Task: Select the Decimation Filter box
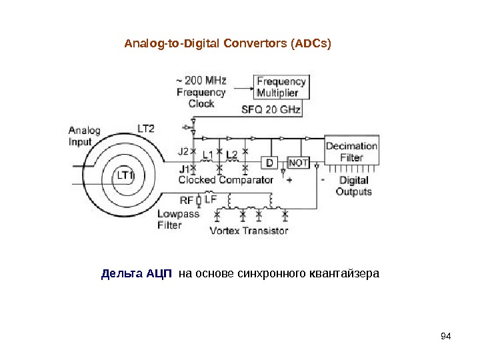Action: [351, 152]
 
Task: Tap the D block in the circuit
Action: [270, 163]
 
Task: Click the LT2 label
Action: [146, 128]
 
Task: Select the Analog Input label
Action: [85, 136]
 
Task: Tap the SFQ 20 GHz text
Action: [271, 109]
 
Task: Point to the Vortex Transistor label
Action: [249, 231]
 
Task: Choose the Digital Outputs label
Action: [353, 186]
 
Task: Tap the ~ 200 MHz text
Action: [201, 81]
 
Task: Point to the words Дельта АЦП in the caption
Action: [137, 273]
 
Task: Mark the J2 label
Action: [183, 151]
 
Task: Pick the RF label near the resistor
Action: [187, 199]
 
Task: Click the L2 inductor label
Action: [231, 155]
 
